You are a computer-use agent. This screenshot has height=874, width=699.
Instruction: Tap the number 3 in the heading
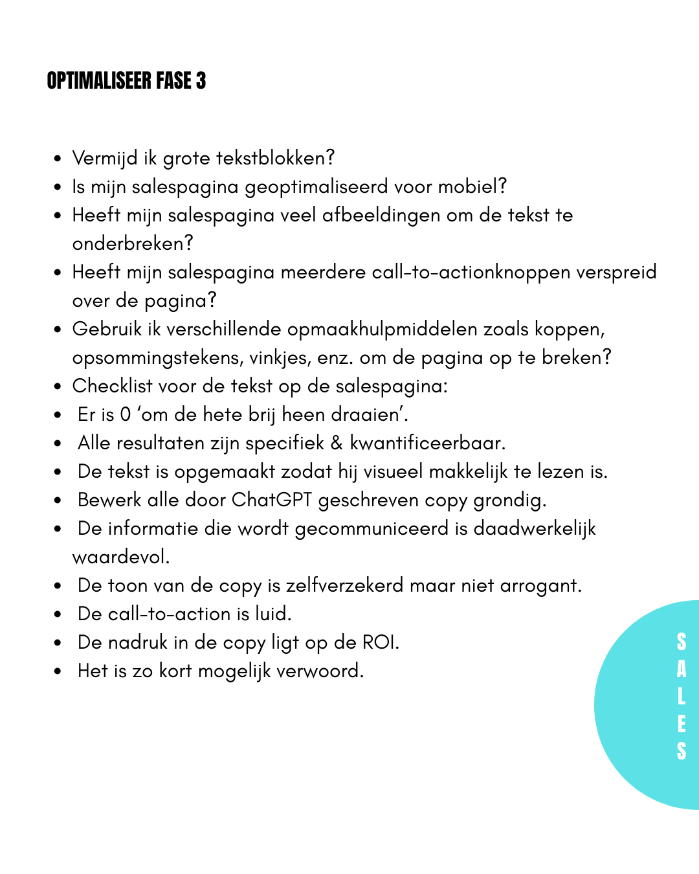[x=201, y=81]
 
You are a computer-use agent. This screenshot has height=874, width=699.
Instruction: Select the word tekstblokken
[x=274, y=158]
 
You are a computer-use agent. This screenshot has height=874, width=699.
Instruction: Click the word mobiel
[x=471, y=186]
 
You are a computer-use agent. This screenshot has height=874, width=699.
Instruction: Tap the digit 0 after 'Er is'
[x=126, y=414]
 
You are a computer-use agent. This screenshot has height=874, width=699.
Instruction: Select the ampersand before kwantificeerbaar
[x=337, y=443]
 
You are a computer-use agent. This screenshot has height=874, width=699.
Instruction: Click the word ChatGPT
[x=272, y=500]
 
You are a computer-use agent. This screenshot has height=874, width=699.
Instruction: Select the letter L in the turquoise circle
[x=681, y=697]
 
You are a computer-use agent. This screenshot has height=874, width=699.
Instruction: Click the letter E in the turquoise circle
[x=681, y=724]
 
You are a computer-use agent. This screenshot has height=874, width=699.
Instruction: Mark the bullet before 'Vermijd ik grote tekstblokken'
[x=58, y=159]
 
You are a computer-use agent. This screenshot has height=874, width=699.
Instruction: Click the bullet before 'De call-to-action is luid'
[x=58, y=614]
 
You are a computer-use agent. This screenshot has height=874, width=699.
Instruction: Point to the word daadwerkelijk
[x=535, y=528]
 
